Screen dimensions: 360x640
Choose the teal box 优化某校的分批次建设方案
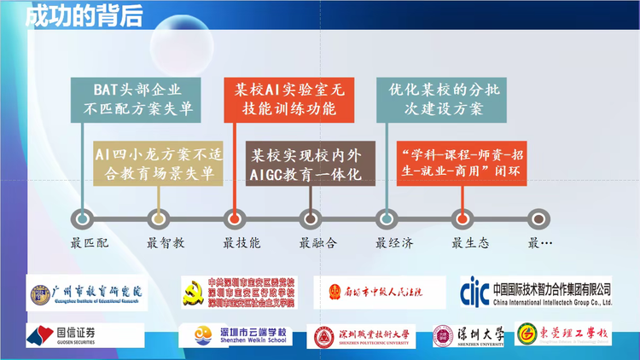pyautogui.click(x=434, y=98)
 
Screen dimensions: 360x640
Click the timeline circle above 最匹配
pyautogui.click(x=82, y=218)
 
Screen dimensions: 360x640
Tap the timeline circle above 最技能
pyautogui.click(x=234, y=218)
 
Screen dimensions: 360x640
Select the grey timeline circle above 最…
pyautogui.click(x=538, y=218)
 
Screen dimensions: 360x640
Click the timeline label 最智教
pyautogui.click(x=166, y=243)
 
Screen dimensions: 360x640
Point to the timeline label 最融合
pyautogui.click(x=317, y=243)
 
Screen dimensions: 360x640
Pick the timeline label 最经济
pyautogui.click(x=394, y=243)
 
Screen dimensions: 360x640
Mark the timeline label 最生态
pyautogui.click(x=470, y=243)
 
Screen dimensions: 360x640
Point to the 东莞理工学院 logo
pyautogui.click(x=564, y=334)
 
